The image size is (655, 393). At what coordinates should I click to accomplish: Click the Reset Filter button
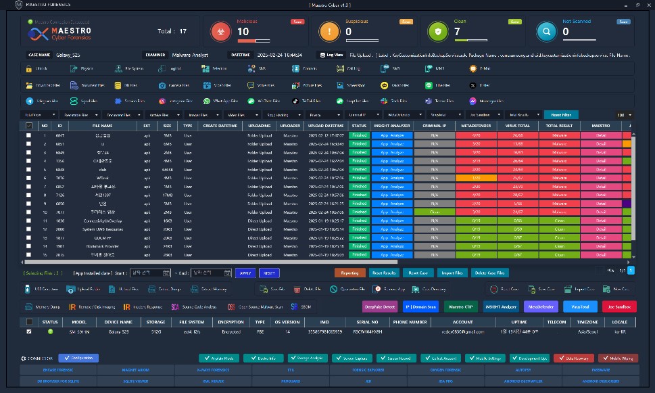pos(560,115)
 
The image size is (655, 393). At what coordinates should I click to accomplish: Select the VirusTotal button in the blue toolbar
pos(580,306)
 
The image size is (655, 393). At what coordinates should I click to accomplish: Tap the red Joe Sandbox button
pos(618,306)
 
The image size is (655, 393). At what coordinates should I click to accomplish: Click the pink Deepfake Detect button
pos(380,306)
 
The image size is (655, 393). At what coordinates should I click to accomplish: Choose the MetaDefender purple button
pos(541,306)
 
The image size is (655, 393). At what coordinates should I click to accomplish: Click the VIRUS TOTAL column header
pos(517,126)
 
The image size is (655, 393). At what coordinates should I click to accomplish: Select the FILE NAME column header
pos(103,126)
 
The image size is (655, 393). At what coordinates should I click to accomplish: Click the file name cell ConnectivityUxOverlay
pos(103,221)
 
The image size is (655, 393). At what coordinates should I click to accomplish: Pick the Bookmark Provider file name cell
pos(103,246)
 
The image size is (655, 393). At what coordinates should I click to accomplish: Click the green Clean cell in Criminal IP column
pos(434,212)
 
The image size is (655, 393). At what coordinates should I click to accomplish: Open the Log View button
pos(332,55)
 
